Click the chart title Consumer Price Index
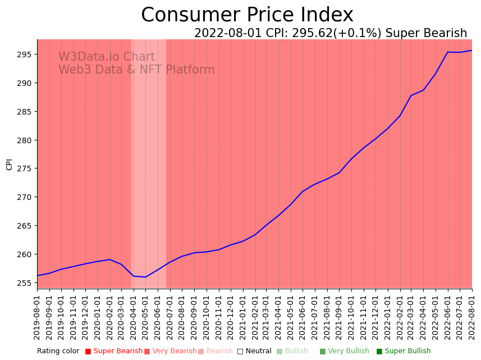click(x=247, y=15)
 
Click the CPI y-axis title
click(x=9, y=164)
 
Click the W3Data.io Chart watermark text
click(x=107, y=57)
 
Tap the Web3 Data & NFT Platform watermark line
click(x=136, y=70)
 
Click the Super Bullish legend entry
click(x=407, y=351)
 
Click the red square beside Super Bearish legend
click(x=88, y=352)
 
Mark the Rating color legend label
click(x=58, y=351)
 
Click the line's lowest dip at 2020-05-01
click(x=146, y=277)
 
